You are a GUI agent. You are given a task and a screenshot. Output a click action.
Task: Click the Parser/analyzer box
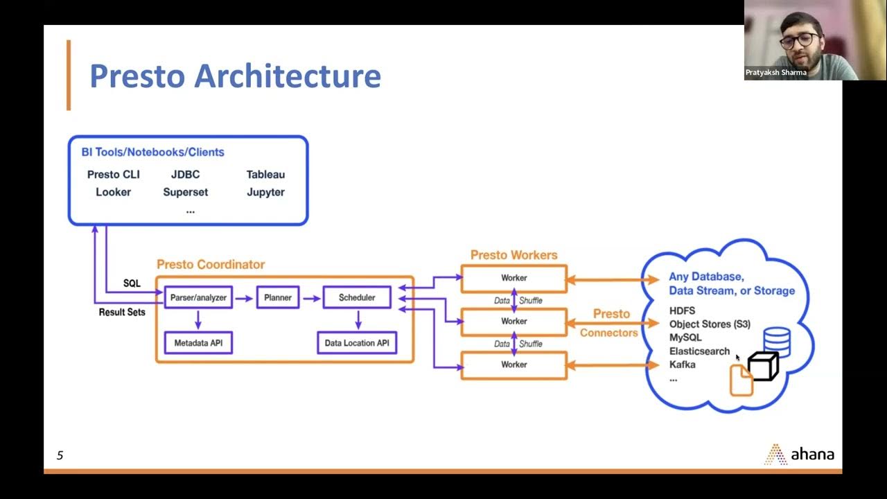point(198,297)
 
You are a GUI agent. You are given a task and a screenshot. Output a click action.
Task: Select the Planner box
point(278,297)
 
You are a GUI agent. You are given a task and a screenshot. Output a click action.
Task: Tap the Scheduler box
point(357,297)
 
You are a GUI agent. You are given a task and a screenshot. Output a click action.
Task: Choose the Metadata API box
point(198,343)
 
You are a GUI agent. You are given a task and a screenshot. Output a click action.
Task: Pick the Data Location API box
point(357,343)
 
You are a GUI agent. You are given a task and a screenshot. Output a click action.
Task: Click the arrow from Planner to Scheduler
point(313,298)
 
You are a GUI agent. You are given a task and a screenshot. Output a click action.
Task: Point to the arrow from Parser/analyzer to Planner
point(244,298)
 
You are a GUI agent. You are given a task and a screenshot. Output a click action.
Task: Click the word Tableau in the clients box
point(265,175)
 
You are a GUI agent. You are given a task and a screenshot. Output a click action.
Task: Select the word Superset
point(185,192)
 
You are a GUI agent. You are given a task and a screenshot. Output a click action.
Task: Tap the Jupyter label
point(265,192)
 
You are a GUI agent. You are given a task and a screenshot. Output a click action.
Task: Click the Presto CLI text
point(114,175)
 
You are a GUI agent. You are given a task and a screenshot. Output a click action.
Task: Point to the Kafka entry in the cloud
point(682,365)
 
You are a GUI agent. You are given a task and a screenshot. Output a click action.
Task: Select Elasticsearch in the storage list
point(699,351)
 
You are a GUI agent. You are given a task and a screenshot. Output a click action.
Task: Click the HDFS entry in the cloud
point(682,311)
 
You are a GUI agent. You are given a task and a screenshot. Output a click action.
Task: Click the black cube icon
point(763,367)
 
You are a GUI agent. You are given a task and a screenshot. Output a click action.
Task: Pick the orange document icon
point(741,381)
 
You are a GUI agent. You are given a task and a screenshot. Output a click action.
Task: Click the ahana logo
point(800,455)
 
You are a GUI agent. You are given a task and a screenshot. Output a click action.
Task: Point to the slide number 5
point(60,455)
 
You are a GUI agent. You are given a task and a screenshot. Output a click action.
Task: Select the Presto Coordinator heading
point(211,265)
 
